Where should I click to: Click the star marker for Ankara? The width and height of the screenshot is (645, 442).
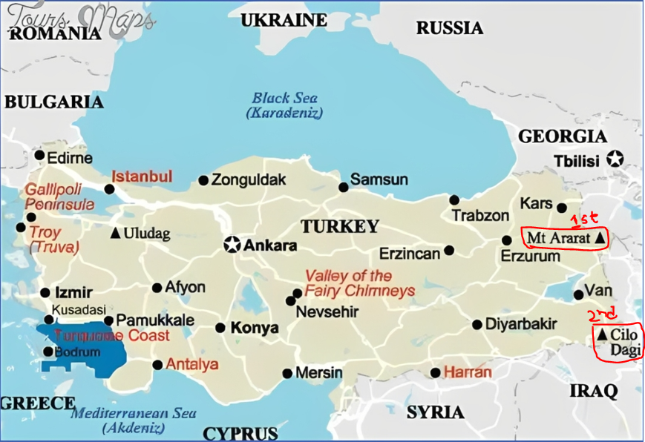[x=232, y=245]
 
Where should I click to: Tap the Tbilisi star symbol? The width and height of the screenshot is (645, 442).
[x=614, y=159]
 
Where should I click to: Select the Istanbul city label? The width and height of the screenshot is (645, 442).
[x=141, y=177]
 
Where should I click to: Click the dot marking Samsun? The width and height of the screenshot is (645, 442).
[x=343, y=187]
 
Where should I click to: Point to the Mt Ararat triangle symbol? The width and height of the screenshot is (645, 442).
[x=599, y=239]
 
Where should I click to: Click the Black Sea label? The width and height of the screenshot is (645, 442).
[x=284, y=105]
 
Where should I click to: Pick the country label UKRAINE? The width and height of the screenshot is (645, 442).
[x=284, y=20]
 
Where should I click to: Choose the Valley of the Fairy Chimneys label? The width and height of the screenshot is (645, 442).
[x=359, y=283]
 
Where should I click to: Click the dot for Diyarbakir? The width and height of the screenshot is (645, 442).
[x=477, y=324]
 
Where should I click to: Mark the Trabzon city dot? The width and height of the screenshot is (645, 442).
[x=454, y=199]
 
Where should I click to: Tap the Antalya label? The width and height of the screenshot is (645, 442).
[x=192, y=364]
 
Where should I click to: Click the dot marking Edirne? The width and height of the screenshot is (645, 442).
[x=39, y=155]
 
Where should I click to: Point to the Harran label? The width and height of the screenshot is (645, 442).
[x=468, y=372]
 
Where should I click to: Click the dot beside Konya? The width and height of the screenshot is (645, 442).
[x=220, y=328]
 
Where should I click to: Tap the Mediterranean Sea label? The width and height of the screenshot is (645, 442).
[x=134, y=420]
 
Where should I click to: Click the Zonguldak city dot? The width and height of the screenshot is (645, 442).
[x=203, y=180]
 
